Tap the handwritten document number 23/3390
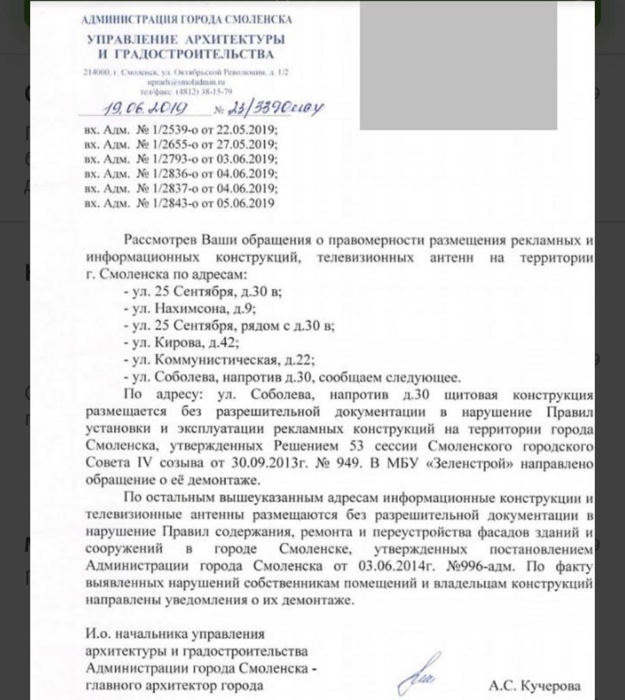pyautogui.click(x=273, y=107)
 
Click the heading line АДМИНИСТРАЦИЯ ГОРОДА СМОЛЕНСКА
pyautogui.click(x=186, y=19)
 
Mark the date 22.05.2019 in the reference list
pyautogui.click(x=249, y=129)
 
